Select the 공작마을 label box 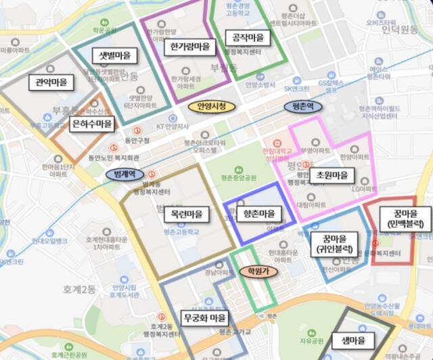click(247, 38)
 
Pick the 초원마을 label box click(332, 175)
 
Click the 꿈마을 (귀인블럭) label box click(329, 244)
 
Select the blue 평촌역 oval click(302, 106)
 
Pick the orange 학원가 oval click(258, 271)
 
